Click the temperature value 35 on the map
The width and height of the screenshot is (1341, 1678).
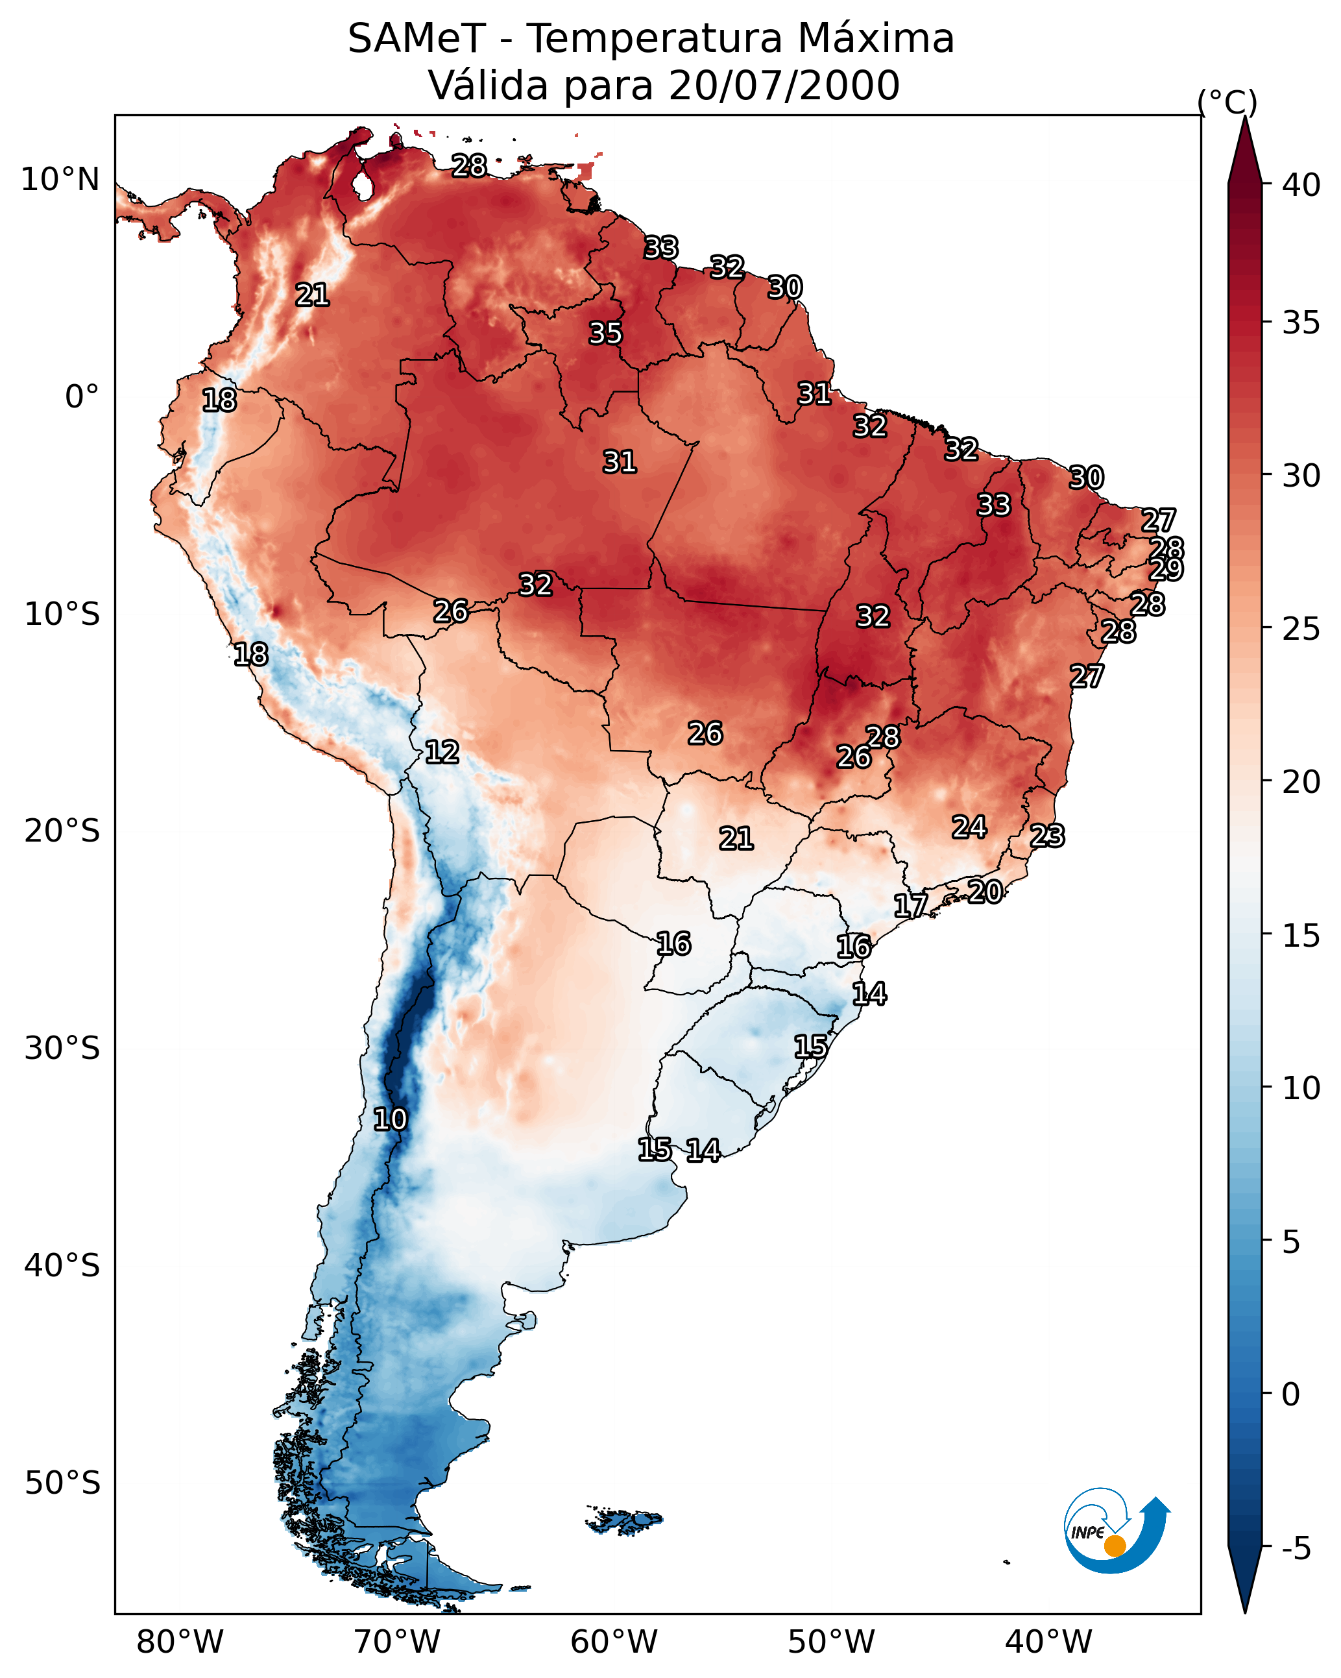pyautogui.click(x=605, y=333)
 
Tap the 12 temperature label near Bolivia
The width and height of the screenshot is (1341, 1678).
pyautogui.click(x=441, y=752)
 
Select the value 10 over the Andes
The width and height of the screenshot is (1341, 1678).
pyautogui.click(x=389, y=1119)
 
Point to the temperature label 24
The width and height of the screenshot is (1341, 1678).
pyautogui.click(x=969, y=827)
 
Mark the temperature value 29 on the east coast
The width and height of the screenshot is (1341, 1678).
pyautogui.click(x=1166, y=569)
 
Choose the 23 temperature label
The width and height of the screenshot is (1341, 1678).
pyautogui.click(x=1047, y=836)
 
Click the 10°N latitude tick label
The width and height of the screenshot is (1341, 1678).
pyautogui.click(x=60, y=180)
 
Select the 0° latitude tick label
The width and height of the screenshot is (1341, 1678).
pyautogui.click(x=82, y=397)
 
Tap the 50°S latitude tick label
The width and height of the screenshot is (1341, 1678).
pyautogui.click(x=62, y=1483)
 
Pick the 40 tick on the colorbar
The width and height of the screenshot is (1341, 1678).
pyautogui.click(x=1301, y=185)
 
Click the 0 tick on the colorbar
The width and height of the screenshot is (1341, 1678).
pyautogui.click(x=1290, y=1394)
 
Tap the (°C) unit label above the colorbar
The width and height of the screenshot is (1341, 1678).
pyautogui.click(x=1227, y=102)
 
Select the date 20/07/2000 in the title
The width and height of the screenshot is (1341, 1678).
pyautogui.click(x=784, y=86)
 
